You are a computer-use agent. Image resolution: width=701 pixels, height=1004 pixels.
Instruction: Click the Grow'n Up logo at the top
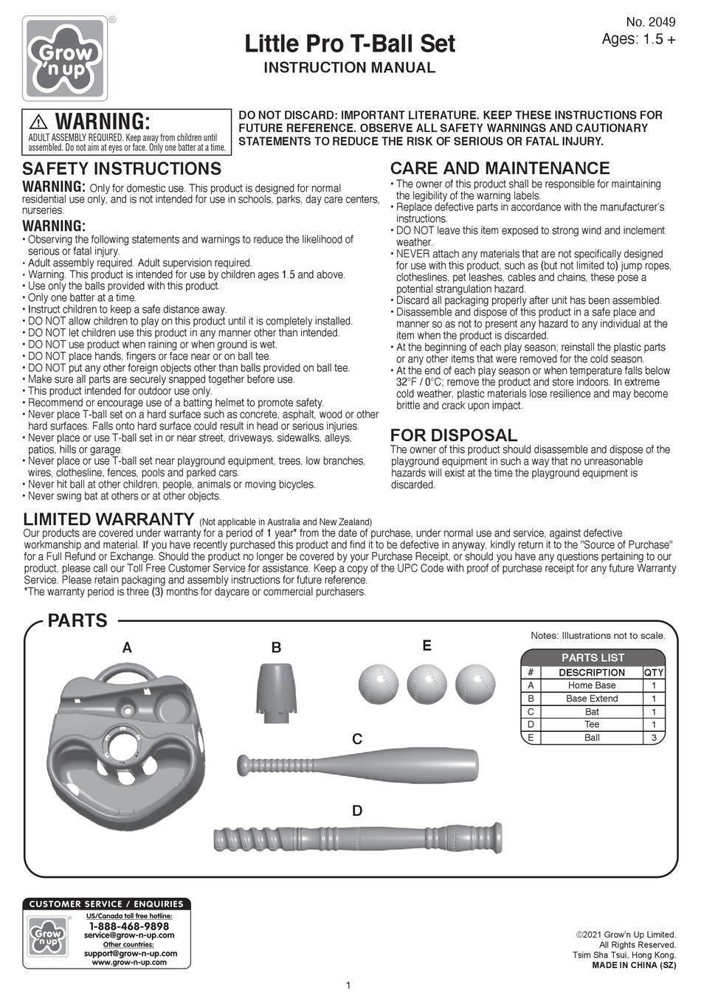[66, 58]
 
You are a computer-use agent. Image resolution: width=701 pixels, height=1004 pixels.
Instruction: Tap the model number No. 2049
[650, 23]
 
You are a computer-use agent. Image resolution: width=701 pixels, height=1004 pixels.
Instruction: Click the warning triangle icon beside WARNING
[39, 122]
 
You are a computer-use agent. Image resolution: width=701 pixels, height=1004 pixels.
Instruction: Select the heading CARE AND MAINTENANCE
[500, 168]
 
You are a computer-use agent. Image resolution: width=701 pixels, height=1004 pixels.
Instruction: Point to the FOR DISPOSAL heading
[453, 435]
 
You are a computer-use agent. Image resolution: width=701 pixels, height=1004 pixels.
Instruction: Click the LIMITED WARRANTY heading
[108, 519]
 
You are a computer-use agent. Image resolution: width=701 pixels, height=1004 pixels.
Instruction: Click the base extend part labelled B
[277, 689]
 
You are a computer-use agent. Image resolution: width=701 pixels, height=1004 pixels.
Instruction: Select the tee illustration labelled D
[359, 838]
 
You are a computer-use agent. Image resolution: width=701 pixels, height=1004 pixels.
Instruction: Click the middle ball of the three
[427, 684]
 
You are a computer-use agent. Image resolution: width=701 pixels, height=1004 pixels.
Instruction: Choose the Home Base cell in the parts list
[591, 685]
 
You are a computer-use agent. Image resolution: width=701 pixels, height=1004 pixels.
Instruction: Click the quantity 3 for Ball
[654, 738]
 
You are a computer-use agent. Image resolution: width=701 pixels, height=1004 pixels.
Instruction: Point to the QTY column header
[654, 673]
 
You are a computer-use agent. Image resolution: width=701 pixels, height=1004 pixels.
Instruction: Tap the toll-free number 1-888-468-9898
[129, 926]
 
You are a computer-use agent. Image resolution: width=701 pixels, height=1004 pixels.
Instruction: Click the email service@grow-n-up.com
[129, 935]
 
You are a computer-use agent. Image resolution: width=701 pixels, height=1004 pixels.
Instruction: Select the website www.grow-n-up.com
[129, 962]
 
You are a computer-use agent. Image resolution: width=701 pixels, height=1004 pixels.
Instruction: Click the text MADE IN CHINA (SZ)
[634, 965]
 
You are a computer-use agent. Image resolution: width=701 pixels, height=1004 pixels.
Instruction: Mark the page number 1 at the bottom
[348, 986]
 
